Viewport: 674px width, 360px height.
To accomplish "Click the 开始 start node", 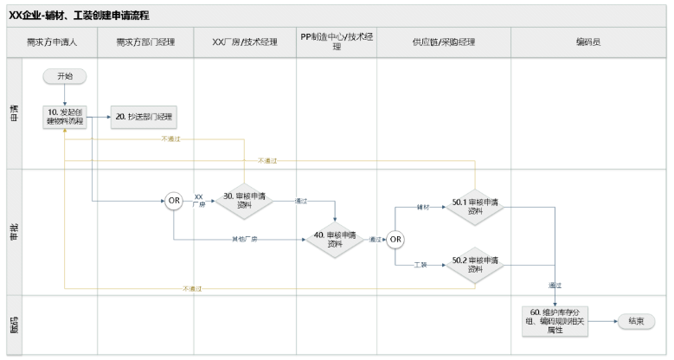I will (65, 76).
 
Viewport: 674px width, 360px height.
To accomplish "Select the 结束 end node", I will (634, 320).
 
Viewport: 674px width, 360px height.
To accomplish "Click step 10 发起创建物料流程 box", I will (65, 117).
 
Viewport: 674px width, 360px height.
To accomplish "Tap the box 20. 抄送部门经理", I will (144, 117).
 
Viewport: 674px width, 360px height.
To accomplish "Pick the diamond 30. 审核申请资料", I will (244, 201).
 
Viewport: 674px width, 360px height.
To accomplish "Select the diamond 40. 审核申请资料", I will (335, 239).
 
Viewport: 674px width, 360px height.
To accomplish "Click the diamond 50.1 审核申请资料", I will (475, 207).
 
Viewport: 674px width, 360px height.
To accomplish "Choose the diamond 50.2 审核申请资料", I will (475, 265).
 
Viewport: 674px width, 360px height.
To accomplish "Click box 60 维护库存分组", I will (554, 320).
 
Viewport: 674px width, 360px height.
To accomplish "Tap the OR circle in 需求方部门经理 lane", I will (174, 201).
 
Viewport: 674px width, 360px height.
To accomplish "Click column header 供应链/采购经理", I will (444, 42).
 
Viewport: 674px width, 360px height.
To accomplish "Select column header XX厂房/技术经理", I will (245, 42).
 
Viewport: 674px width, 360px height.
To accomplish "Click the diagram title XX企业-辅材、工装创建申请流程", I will (81, 14).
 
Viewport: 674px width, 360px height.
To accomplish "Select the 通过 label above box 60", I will (555, 286).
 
